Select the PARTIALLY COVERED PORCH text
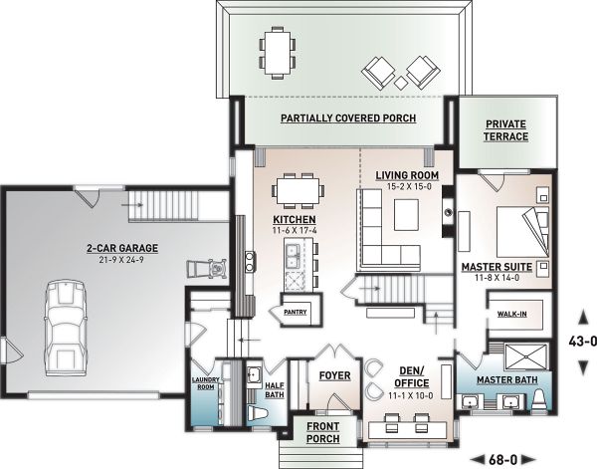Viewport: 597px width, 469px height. tap(333, 117)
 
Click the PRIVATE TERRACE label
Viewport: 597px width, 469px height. tap(506, 129)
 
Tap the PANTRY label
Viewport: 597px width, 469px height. tap(296, 311)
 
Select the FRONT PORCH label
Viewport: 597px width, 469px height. tap(323, 432)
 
